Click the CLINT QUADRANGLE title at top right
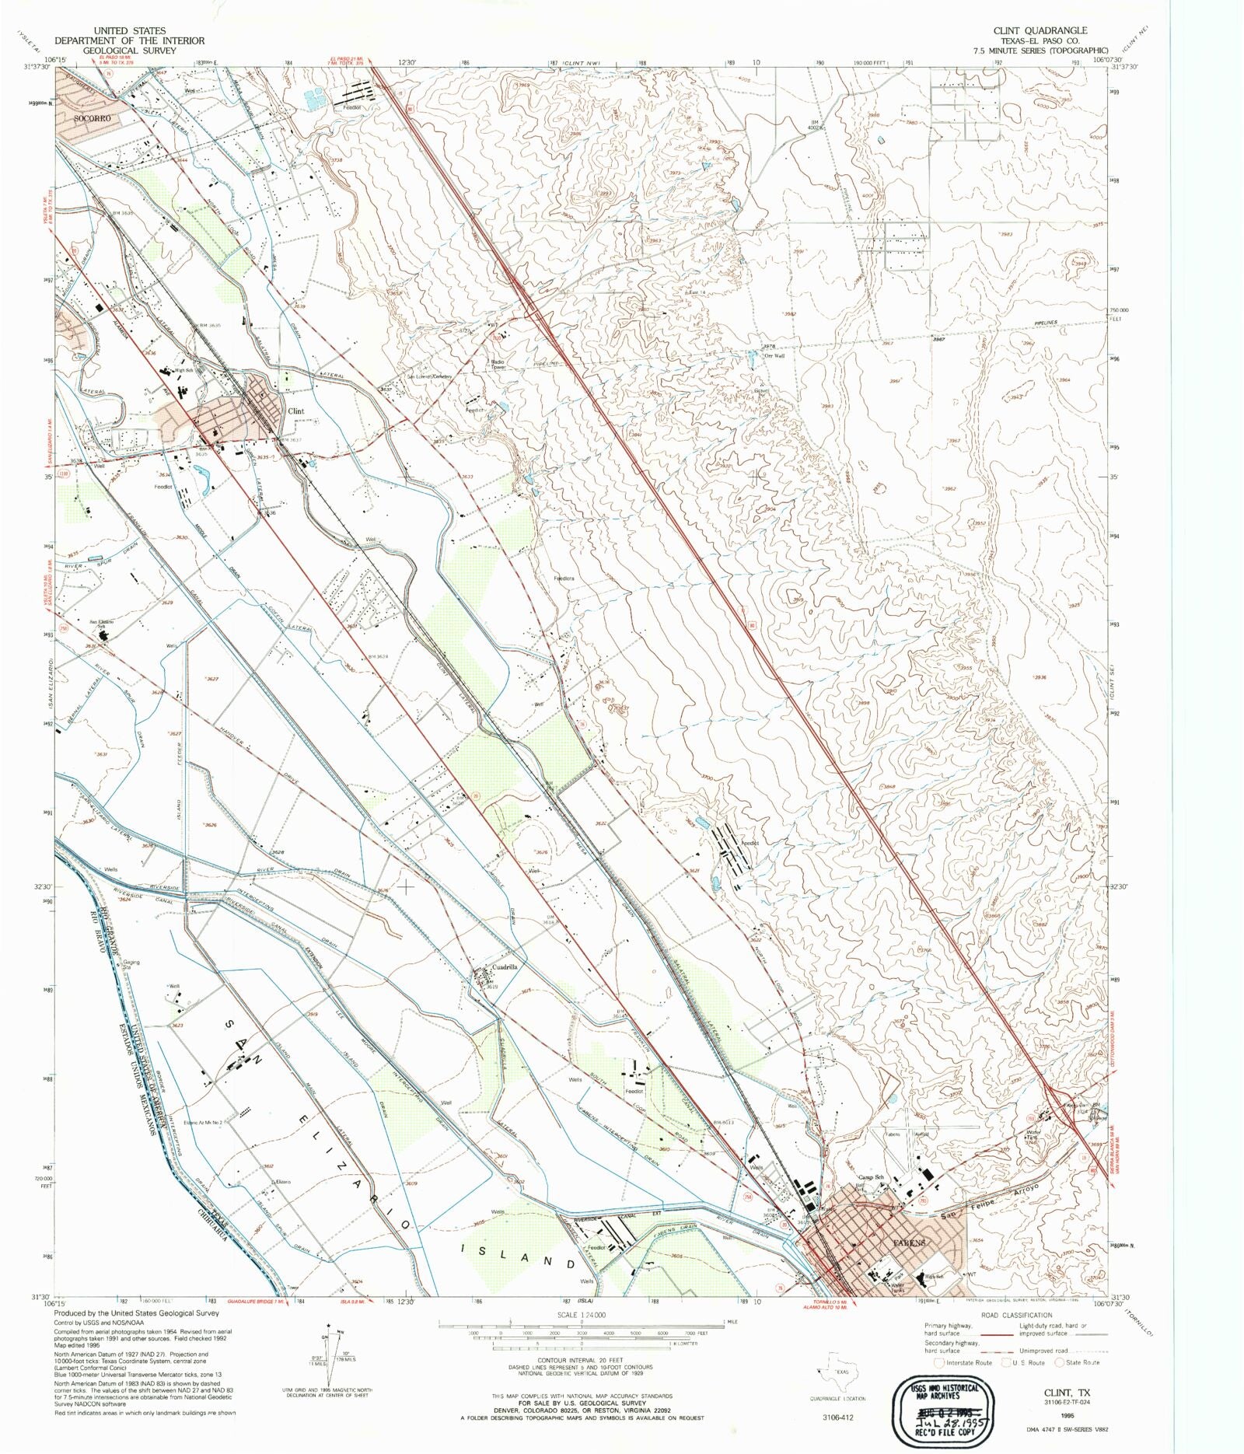tap(1040, 30)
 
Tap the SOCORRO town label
tap(93, 118)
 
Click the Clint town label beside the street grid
tap(295, 411)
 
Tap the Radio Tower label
tap(498, 364)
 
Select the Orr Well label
tap(774, 356)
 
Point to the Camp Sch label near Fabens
tap(871, 1177)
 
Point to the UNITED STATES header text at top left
tap(129, 30)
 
